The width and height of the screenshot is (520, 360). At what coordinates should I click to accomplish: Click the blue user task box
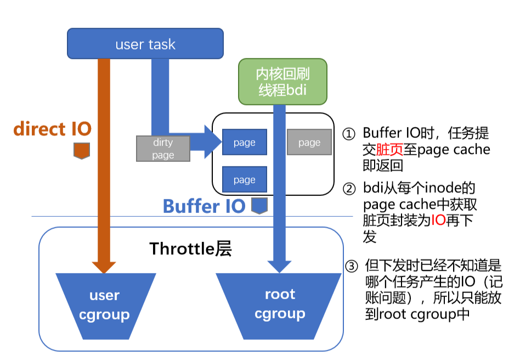145,44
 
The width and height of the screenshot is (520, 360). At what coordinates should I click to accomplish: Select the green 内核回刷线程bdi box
282,82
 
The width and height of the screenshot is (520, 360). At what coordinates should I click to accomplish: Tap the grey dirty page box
163,149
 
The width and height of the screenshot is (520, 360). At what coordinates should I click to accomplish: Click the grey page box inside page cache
309,143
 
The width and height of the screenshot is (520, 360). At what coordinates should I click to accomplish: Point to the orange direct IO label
52,129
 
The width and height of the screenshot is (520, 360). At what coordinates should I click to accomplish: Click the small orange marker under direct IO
81,150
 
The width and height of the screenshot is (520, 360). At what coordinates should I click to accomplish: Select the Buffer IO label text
204,207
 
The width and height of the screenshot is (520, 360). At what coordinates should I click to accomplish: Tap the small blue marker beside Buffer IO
259,206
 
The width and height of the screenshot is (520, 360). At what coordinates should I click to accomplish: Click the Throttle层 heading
190,249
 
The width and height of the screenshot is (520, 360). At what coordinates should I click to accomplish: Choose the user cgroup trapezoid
104,305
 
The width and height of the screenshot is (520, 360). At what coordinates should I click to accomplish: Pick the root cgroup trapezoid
280,305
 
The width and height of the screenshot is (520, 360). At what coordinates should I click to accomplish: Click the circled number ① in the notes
349,134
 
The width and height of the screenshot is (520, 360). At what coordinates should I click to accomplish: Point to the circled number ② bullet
349,189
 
